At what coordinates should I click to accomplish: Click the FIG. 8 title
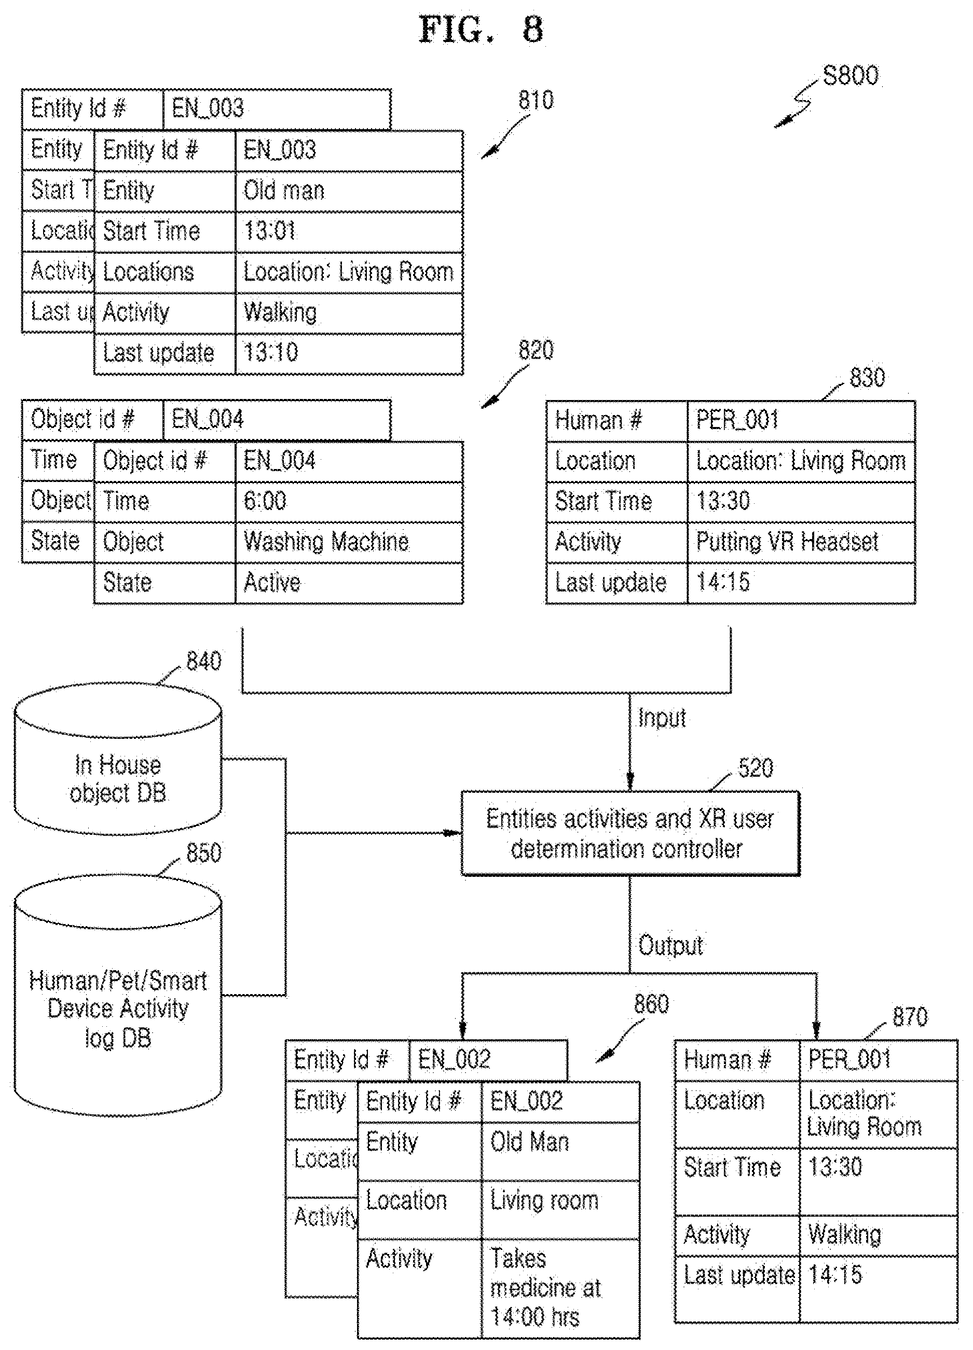point(481,30)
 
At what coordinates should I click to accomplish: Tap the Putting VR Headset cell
point(801,542)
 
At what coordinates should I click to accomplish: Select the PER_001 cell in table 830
point(801,421)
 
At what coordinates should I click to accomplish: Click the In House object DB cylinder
point(118,759)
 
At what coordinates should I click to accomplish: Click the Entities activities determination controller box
point(631,833)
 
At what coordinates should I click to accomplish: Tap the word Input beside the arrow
point(662,719)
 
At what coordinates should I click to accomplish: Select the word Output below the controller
point(670,946)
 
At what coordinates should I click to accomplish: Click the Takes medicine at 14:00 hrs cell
point(560,1289)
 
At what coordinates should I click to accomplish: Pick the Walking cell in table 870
point(879,1235)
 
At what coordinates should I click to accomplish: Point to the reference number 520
point(756,768)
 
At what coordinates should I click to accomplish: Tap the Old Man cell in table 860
point(560,1151)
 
